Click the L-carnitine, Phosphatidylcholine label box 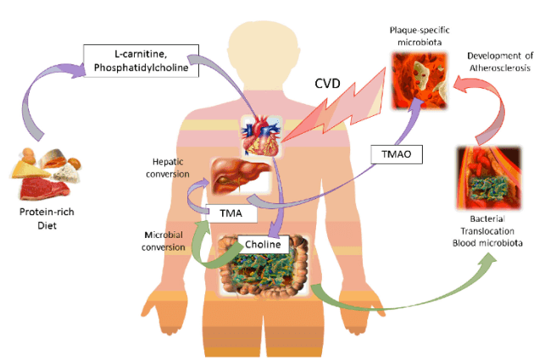(142, 60)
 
